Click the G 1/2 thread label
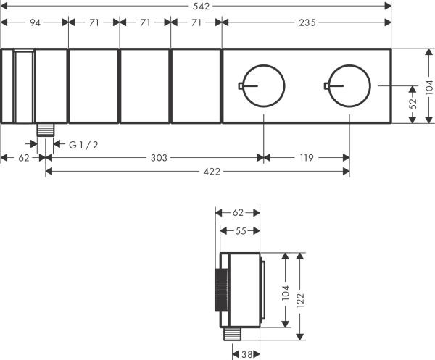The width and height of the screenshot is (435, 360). pos(83,145)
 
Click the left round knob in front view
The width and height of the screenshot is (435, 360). pos(262,86)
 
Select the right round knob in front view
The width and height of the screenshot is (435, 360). pos(349,86)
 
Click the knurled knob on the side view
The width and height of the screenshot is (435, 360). pos(220,296)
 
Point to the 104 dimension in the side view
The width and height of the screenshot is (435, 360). pos(285,291)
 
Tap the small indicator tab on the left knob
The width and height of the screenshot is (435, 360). pos(241,86)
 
